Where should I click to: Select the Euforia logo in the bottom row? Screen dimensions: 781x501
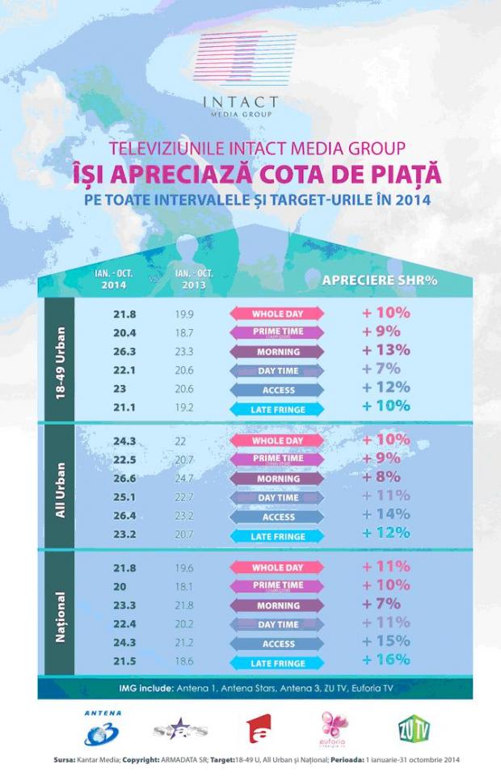click(335, 728)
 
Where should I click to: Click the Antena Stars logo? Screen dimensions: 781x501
click(180, 729)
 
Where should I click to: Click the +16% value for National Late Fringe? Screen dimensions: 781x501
click(387, 661)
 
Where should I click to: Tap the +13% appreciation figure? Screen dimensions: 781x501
click(387, 350)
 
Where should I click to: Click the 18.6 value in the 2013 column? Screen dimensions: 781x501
click(185, 663)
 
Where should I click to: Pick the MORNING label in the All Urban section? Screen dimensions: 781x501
click(277, 479)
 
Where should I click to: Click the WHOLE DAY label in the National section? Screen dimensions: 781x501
click(277, 568)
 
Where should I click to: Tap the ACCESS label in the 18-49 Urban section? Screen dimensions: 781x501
click(277, 390)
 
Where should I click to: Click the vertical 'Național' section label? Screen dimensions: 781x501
click(59, 617)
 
